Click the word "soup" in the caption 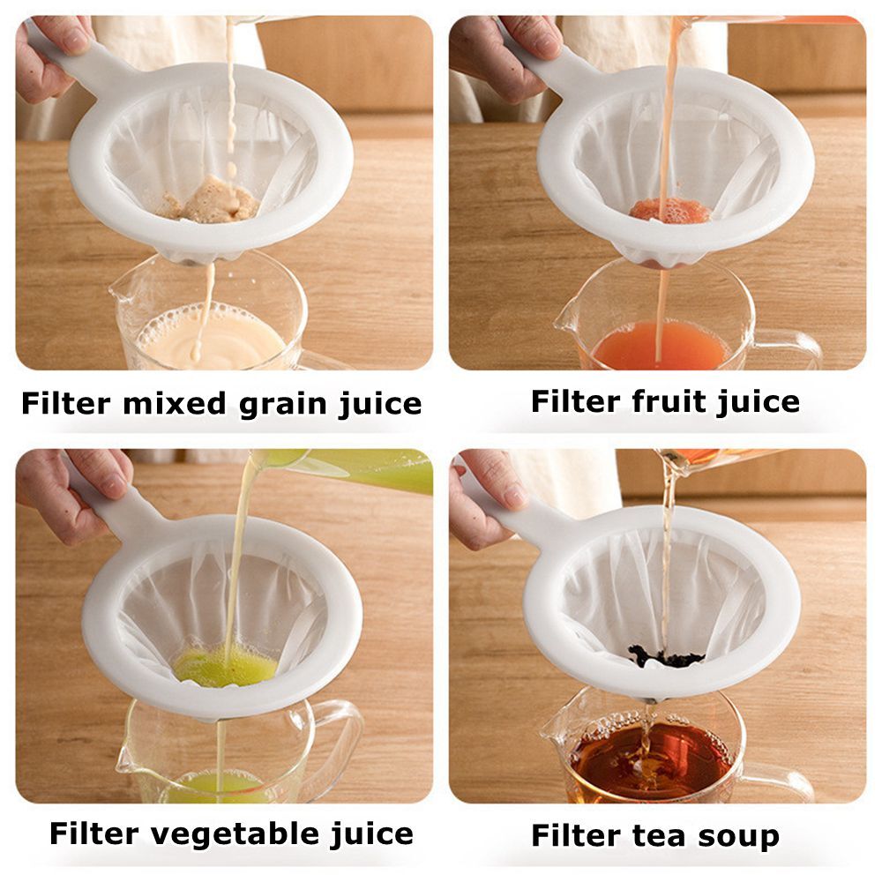[737, 835]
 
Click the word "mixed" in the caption [173, 404]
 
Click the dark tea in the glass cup [648, 763]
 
